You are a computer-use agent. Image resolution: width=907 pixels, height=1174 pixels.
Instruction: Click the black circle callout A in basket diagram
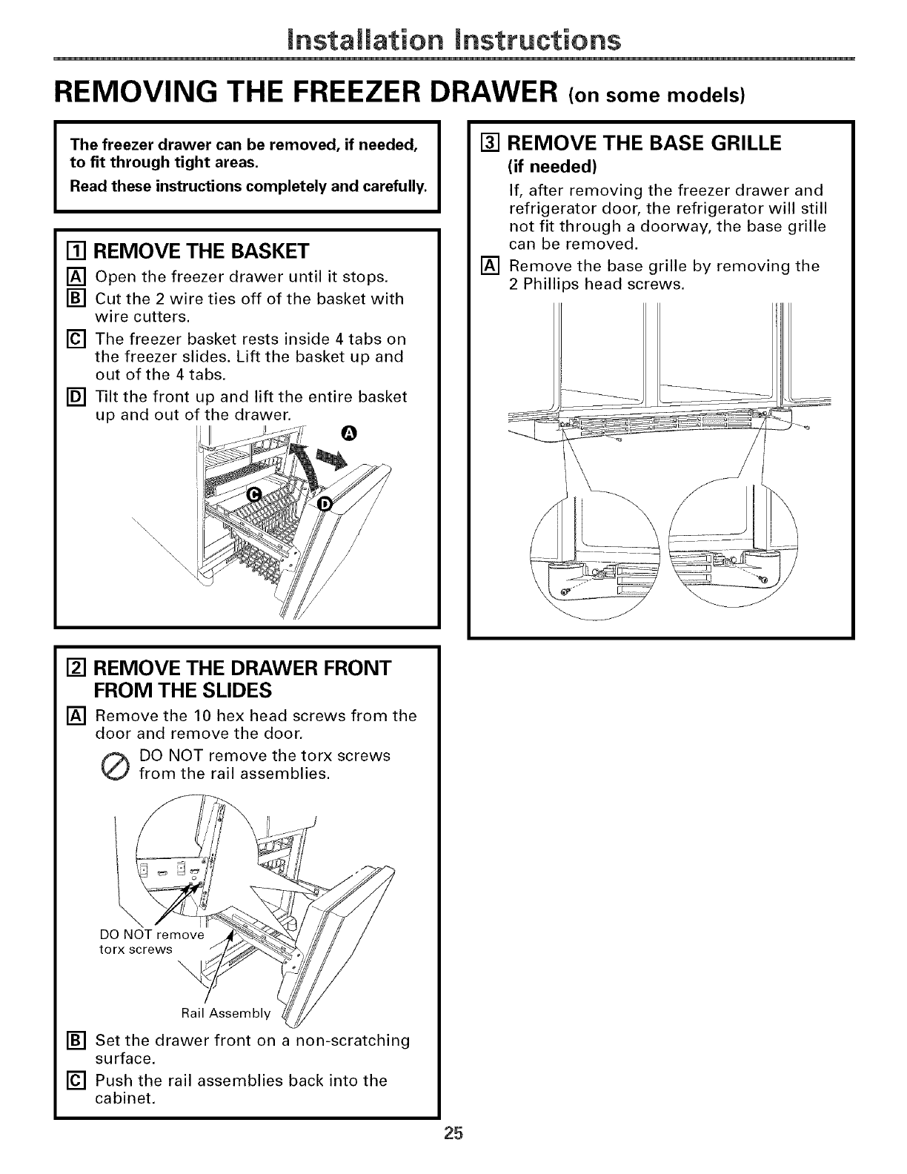[349, 433]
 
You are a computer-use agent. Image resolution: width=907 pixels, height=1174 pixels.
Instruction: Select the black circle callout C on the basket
[253, 495]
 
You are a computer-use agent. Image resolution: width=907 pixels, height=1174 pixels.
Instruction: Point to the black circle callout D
[324, 505]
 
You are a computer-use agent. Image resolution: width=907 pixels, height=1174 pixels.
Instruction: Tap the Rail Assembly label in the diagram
[226, 1012]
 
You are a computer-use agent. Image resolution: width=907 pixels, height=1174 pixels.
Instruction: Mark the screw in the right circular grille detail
[764, 579]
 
